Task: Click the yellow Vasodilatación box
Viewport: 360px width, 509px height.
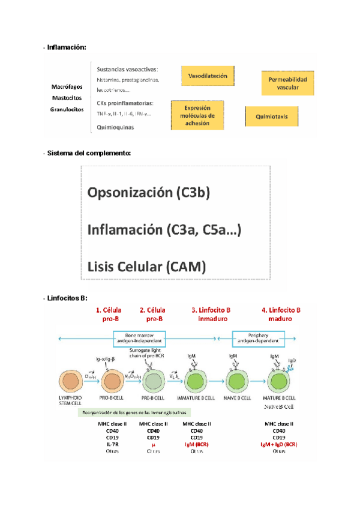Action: pyautogui.click(x=208, y=77)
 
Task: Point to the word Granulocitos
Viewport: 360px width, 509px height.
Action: pyautogui.click(x=67, y=109)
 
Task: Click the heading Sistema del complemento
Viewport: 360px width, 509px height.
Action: pyautogui.click(x=89, y=154)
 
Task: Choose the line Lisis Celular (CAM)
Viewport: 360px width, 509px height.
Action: pyautogui.click(x=146, y=265)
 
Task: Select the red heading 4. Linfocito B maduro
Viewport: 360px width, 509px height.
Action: pyautogui.click(x=281, y=314)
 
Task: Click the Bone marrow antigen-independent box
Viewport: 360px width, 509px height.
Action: pyautogui.click(x=139, y=339)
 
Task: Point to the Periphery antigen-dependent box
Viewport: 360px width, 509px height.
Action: pyautogui.click(x=257, y=339)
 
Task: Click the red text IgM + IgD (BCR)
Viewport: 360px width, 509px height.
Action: pyautogui.click(x=279, y=445)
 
